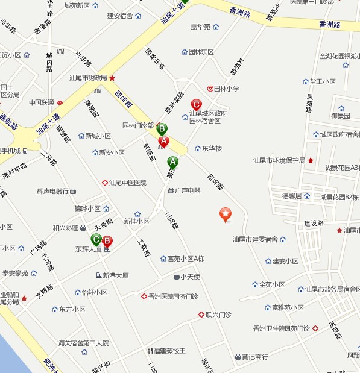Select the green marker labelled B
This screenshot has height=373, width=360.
(x=162, y=129)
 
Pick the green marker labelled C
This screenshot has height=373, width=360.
(x=96, y=240)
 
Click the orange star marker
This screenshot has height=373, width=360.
(x=225, y=214)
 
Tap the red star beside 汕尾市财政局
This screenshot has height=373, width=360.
(x=112, y=78)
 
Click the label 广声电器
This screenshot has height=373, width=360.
(x=188, y=190)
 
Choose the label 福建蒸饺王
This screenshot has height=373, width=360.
(x=169, y=350)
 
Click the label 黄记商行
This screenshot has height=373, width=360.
(x=255, y=356)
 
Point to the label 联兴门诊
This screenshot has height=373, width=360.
(x=218, y=315)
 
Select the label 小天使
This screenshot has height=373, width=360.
(x=191, y=277)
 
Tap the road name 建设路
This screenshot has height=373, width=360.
(x=314, y=223)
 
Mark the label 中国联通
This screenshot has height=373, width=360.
(x=42, y=102)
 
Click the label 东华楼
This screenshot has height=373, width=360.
(x=212, y=148)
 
